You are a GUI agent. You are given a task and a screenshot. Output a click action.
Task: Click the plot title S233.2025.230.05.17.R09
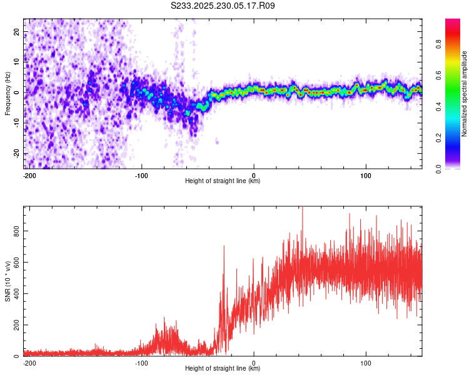coord(223,6)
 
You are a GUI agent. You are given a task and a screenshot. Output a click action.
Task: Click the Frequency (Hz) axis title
coord(8,94)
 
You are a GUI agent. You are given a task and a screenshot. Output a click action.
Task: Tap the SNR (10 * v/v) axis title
coord(8,281)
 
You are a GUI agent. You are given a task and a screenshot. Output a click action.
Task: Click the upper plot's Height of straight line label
coord(223,181)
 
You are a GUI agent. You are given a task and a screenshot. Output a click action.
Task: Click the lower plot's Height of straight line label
coord(223,369)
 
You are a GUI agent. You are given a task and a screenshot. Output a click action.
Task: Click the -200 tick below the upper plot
coord(29,175)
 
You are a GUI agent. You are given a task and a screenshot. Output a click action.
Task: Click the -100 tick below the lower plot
coord(141,362)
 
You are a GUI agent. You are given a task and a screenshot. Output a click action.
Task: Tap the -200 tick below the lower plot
coord(29,362)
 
